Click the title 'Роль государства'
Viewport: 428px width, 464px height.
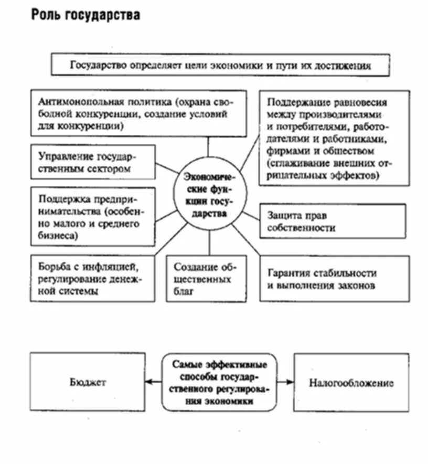(85, 15)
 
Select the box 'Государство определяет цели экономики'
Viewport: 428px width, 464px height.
(220, 65)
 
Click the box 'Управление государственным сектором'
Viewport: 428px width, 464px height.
(93, 163)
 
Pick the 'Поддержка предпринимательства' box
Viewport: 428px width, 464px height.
(93, 216)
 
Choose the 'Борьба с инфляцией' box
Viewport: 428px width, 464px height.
(92, 278)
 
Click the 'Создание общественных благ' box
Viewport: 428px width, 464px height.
(206, 279)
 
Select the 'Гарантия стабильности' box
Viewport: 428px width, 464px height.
(334, 279)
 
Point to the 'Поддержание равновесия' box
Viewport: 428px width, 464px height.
(334, 138)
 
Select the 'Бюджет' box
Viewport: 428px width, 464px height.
(87, 382)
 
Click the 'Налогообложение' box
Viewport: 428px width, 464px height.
(351, 382)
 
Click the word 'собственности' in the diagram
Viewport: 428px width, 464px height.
(301, 228)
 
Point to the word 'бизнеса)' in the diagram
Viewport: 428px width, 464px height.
(58, 236)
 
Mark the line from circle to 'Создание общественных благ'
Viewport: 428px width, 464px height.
(209, 243)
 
